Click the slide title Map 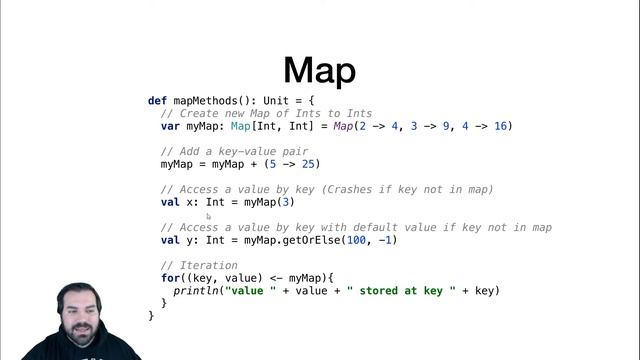(319, 70)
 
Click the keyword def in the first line (157, 101)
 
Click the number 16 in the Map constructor (502, 127)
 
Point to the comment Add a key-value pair (234, 152)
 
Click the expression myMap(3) (269, 202)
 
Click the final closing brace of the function (152, 316)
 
